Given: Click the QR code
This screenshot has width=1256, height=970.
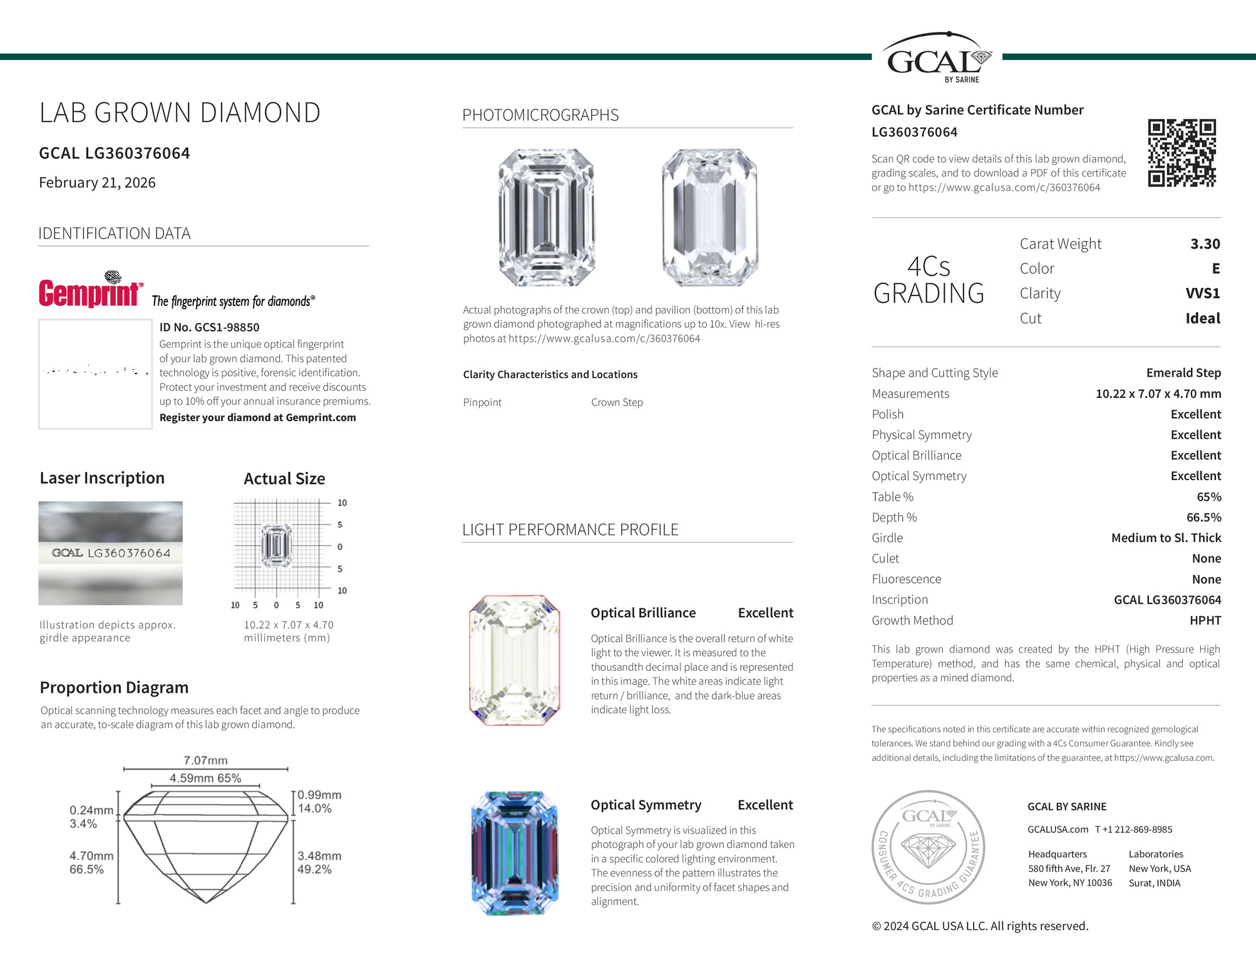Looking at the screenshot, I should [x=1181, y=153].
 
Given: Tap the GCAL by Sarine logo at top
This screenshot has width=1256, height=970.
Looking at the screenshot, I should [x=937, y=59].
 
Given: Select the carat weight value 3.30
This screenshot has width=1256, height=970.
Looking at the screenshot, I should [x=1205, y=244].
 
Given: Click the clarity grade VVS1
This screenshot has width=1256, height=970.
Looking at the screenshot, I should [x=1202, y=294].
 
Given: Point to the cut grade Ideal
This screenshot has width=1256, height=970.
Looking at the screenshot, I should [x=1202, y=319].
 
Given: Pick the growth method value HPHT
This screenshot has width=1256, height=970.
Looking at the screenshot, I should [x=1205, y=621].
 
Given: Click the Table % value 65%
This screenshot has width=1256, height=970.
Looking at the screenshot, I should [x=1208, y=497].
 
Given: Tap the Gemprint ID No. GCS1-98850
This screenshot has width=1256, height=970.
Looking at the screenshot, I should [x=209, y=327].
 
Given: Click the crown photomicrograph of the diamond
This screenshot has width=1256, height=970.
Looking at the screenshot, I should [x=546, y=217].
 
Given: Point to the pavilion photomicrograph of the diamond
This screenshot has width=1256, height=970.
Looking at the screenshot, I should [x=709, y=217].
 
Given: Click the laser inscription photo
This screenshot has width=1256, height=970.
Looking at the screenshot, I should [x=110, y=553].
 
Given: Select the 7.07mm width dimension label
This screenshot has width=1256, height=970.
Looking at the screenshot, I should [x=205, y=760].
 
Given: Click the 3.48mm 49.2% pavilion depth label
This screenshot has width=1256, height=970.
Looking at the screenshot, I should [x=319, y=862].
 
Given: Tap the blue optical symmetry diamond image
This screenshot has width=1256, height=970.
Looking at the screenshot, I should [x=514, y=853].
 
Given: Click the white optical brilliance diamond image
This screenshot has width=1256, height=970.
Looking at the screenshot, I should [x=514, y=660].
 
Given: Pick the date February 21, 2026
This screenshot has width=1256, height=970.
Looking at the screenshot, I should [x=97, y=183].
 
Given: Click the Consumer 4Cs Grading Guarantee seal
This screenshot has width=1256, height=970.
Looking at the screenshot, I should [x=928, y=847].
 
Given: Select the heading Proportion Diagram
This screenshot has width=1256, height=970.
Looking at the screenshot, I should [x=114, y=688].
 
